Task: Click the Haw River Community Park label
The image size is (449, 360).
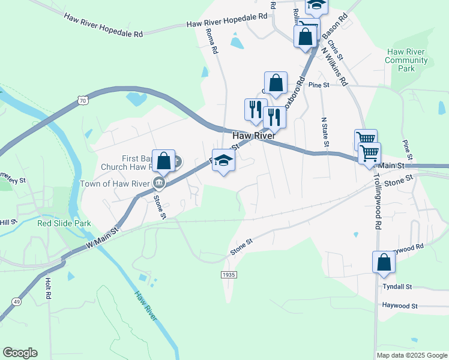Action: (x=406, y=60)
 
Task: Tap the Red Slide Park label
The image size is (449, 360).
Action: (x=64, y=223)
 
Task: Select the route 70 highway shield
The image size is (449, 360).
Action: (x=83, y=101)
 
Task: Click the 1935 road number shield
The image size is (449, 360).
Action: (x=228, y=274)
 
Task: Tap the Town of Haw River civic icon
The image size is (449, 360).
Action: (x=159, y=182)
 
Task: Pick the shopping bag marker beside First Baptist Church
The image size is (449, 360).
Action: (x=163, y=161)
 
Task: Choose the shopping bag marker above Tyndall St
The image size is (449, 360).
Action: (x=384, y=262)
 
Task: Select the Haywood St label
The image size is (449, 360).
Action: (x=400, y=306)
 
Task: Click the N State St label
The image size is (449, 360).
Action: (x=325, y=132)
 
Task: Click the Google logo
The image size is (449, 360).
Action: (x=20, y=353)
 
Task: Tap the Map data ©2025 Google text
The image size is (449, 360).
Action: (x=411, y=355)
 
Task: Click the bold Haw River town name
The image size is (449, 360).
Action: (x=253, y=136)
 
